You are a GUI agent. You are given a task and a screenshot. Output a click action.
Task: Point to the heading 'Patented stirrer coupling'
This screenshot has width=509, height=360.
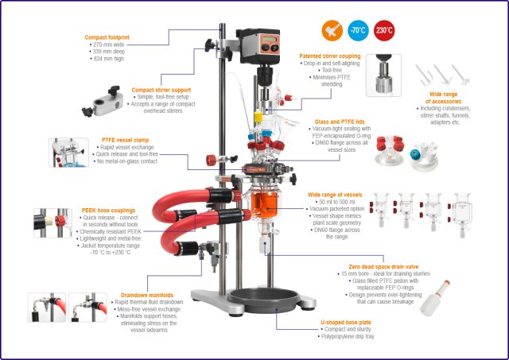tap(329, 56)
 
